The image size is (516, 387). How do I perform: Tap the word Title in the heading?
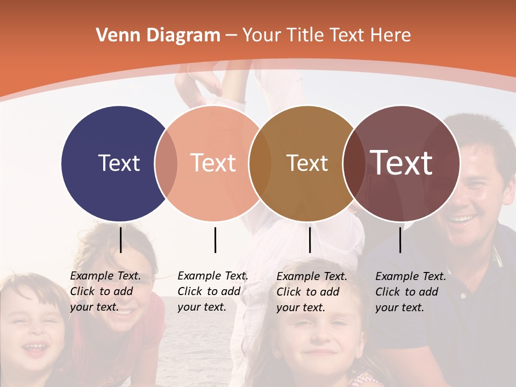305,35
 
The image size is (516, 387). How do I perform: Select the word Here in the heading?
391,35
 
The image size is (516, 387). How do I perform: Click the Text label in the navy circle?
119,163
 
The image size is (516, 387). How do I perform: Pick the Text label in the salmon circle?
213,163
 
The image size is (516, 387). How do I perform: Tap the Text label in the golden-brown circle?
307,163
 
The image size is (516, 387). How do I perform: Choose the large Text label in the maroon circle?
402,162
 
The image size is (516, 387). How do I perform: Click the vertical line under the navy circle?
121,240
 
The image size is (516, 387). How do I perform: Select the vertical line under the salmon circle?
215,240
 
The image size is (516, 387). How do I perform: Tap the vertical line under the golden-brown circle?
310,240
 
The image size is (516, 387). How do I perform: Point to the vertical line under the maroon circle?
400,240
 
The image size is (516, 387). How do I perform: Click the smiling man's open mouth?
462,219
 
